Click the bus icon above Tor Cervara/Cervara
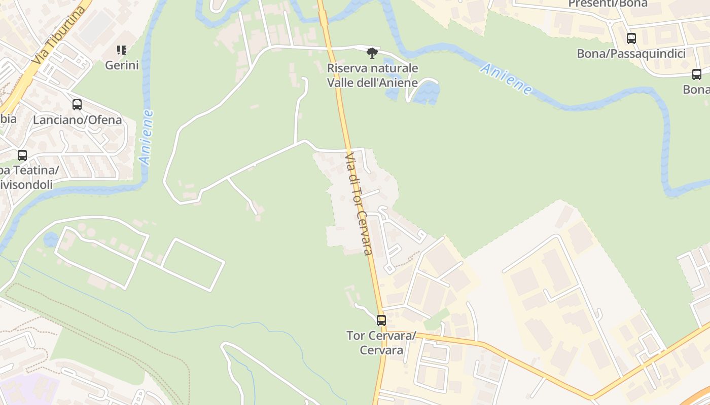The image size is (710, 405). click(x=381, y=320)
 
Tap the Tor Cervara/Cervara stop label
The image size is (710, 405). click(x=381, y=343)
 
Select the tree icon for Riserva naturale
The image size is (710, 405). click(x=372, y=53)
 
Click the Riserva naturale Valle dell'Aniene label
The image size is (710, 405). click(x=373, y=75)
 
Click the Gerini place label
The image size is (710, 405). click(x=122, y=65)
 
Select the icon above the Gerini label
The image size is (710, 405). click(x=122, y=50)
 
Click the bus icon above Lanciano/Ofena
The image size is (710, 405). click(x=77, y=105)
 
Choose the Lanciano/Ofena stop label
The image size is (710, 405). click(x=78, y=120)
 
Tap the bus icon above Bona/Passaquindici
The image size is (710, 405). click(x=631, y=38)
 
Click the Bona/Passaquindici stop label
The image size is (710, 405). click(x=631, y=54)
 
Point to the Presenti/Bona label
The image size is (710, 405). click(x=608, y=4)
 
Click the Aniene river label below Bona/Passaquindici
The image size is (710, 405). click(x=506, y=79)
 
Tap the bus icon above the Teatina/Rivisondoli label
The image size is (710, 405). click(x=22, y=155)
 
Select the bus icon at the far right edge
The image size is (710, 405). click(x=697, y=74)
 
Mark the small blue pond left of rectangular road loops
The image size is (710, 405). click(x=51, y=239)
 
